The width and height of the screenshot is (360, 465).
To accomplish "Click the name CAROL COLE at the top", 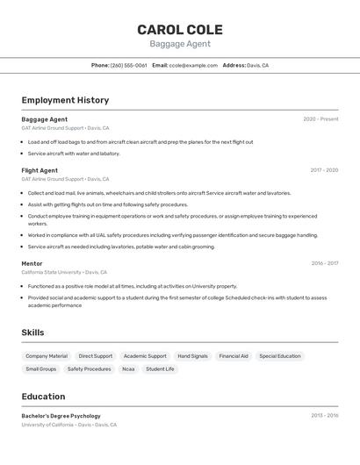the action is point(179,30).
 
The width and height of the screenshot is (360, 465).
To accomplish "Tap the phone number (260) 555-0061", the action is point(128,65).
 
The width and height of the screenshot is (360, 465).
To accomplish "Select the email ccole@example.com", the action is point(193,65).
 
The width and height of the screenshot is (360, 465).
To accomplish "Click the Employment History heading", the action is point(65,100).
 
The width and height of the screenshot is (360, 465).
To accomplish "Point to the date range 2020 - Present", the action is point(320,119).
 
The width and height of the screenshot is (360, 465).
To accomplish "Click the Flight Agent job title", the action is point(40,170).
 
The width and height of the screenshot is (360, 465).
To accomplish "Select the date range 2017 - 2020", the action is point(324,170).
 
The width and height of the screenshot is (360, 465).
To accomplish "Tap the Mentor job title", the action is point(32,263).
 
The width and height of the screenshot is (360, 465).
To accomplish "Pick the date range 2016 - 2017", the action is point(324,263).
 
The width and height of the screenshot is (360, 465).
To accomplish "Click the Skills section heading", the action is point(32,333).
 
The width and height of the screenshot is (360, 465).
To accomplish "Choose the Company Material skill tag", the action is point(47,356).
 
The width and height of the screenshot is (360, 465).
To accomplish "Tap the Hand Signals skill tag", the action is point(192,356).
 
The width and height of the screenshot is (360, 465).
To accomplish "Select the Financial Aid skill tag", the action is point(234,356).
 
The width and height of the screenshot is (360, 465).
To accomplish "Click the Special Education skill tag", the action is point(280,356).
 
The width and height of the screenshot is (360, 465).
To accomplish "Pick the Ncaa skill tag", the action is point(128,369).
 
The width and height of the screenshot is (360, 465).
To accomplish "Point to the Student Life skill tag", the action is point(160,369).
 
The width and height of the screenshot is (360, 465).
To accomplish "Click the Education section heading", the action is point(43,397).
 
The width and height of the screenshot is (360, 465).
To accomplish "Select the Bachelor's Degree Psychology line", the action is point(61,416).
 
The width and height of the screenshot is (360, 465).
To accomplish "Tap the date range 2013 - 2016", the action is point(324,416).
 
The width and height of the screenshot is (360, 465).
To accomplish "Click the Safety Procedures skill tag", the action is point(90,369).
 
